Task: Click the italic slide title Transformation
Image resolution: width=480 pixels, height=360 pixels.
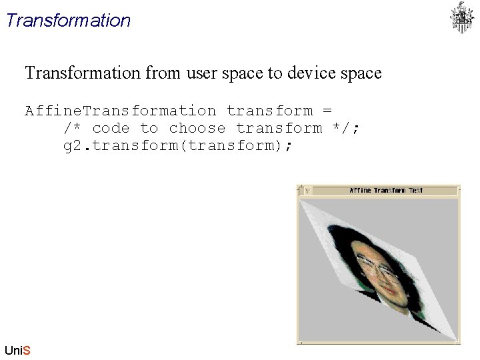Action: (67, 20)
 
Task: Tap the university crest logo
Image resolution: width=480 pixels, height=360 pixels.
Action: (461, 18)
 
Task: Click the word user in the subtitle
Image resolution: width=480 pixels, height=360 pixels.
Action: (204, 73)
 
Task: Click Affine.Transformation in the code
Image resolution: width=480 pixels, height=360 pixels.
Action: (120, 111)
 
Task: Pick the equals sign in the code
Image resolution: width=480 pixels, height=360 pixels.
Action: (327, 111)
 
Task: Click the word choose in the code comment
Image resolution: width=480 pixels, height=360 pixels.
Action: (197, 128)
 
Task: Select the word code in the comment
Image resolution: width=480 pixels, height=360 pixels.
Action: (111, 128)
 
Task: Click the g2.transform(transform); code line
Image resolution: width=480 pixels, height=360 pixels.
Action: (177, 145)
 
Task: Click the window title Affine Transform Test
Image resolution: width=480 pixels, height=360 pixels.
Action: (386, 191)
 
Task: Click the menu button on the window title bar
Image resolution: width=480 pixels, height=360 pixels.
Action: (307, 191)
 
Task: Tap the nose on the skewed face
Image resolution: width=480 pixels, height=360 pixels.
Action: (387, 280)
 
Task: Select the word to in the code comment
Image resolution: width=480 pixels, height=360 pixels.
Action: (149, 128)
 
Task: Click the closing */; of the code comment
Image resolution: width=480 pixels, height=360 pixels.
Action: (346, 128)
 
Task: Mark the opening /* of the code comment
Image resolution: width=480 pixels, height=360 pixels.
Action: (72, 128)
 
